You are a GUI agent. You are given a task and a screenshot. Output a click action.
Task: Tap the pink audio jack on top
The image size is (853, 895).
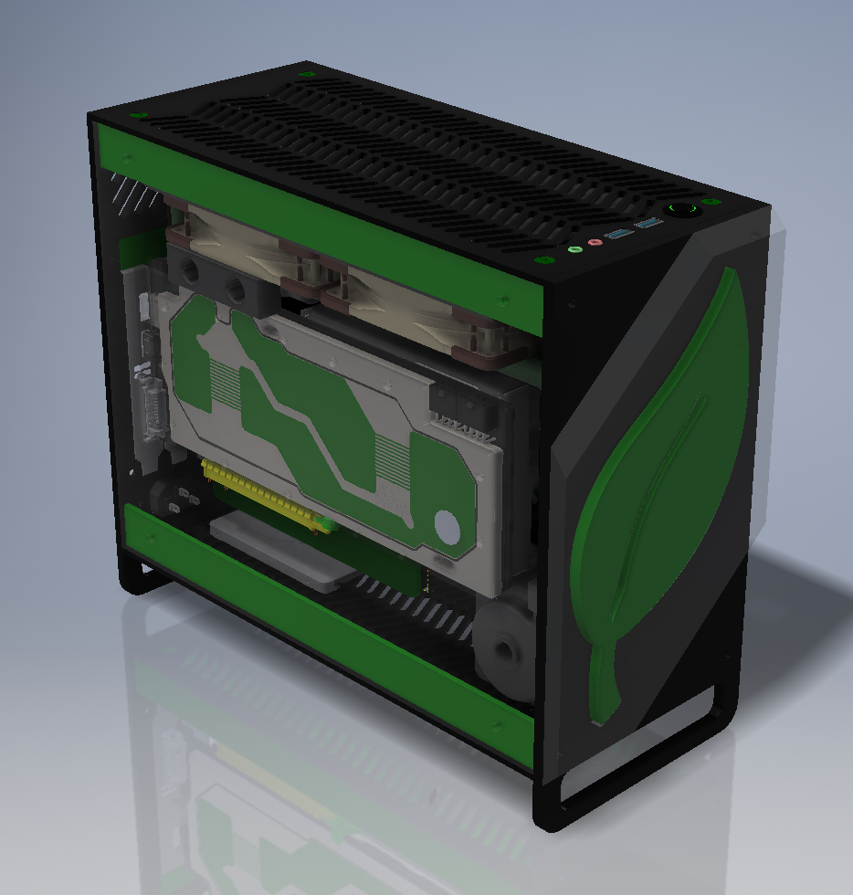(595, 243)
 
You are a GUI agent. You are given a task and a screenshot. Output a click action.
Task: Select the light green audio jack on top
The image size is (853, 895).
(574, 248)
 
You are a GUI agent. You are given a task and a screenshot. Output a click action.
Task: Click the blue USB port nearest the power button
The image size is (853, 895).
(648, 224)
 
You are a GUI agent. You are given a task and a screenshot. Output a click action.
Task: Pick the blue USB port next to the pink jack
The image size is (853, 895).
(618, 235)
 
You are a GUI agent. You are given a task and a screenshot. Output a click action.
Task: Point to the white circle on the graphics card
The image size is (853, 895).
(447, 527)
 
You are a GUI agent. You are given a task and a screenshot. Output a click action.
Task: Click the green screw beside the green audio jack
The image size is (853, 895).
(547, 260)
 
